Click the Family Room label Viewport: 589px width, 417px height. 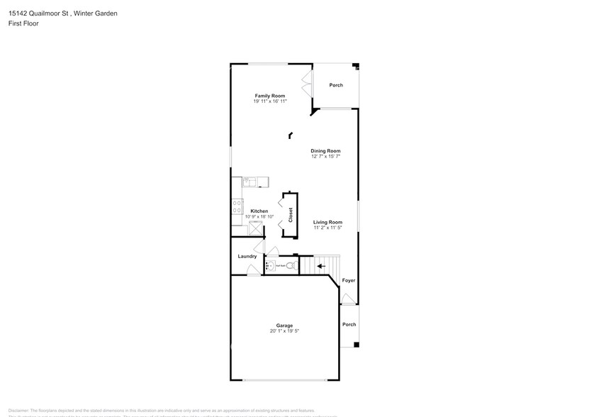click(269, 95)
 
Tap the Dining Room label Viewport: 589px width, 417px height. click(325, 150)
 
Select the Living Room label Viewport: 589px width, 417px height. click(328, 222)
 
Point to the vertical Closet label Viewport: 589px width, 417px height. click(291, 215)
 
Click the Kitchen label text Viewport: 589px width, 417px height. click(259, 211)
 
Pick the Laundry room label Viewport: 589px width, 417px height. click(247, 256)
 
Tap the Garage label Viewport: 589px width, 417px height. click(284, 326)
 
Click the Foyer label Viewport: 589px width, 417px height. click(348, 280)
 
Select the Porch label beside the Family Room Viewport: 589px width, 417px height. click(336, 85)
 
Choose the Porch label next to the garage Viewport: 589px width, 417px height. click(349, 324)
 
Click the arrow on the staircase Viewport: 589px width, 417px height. click(320, 266)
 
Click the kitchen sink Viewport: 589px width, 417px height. click(252, 182)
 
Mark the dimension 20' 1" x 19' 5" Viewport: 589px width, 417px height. click(284, 331)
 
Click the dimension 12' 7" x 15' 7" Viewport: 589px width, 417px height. click(325, 156)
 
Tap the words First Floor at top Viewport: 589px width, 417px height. click(24, 23)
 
